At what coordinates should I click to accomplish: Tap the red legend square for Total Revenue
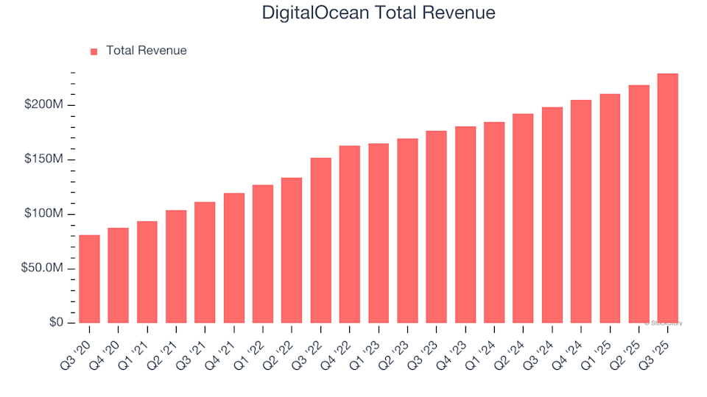(x=94, y=51)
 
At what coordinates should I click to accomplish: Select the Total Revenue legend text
(x=146, y=51)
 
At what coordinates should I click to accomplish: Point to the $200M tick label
(x=44, y=105)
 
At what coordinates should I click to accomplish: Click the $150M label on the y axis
(x=44, y=160)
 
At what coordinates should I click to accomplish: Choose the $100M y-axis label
(x=44, y=214)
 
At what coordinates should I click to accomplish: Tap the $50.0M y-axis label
(x=41, y=268)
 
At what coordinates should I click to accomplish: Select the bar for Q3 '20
(x=89, y=279)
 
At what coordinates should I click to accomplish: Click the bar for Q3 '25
(x=668, y=198)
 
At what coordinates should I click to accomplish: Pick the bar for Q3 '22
(x=321, y=240)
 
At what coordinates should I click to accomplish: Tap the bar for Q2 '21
(x=176, y=267)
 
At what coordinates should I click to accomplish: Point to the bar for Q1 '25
(x=610, y=209)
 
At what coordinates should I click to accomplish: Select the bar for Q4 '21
(x=234, y=258)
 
